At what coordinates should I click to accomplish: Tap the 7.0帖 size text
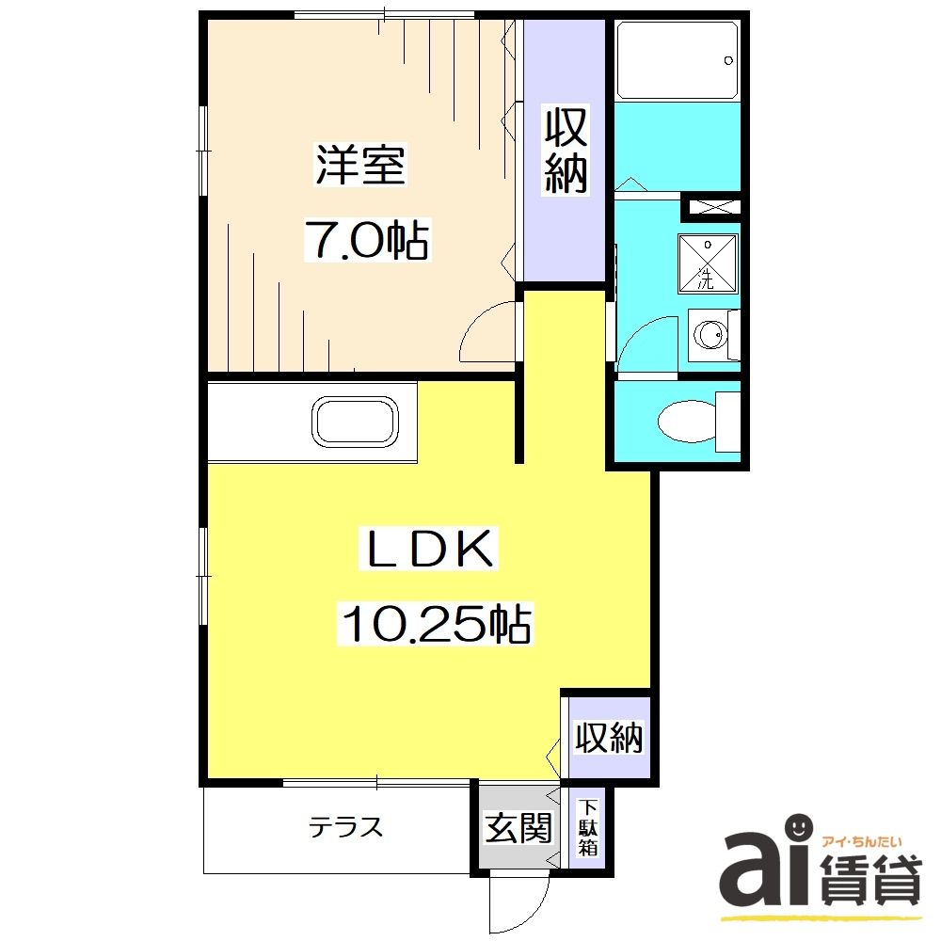pos(365,241)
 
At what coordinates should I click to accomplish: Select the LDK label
pos(429,550)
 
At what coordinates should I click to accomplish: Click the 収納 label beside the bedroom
pos(566,152)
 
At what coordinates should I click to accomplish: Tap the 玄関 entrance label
pos(518,828)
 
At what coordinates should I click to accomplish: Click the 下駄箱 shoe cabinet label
pos(587,828)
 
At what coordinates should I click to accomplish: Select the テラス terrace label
pos(347,828)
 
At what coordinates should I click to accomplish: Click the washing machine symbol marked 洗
pos(708,263)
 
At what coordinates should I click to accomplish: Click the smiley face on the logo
pos(798,827)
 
